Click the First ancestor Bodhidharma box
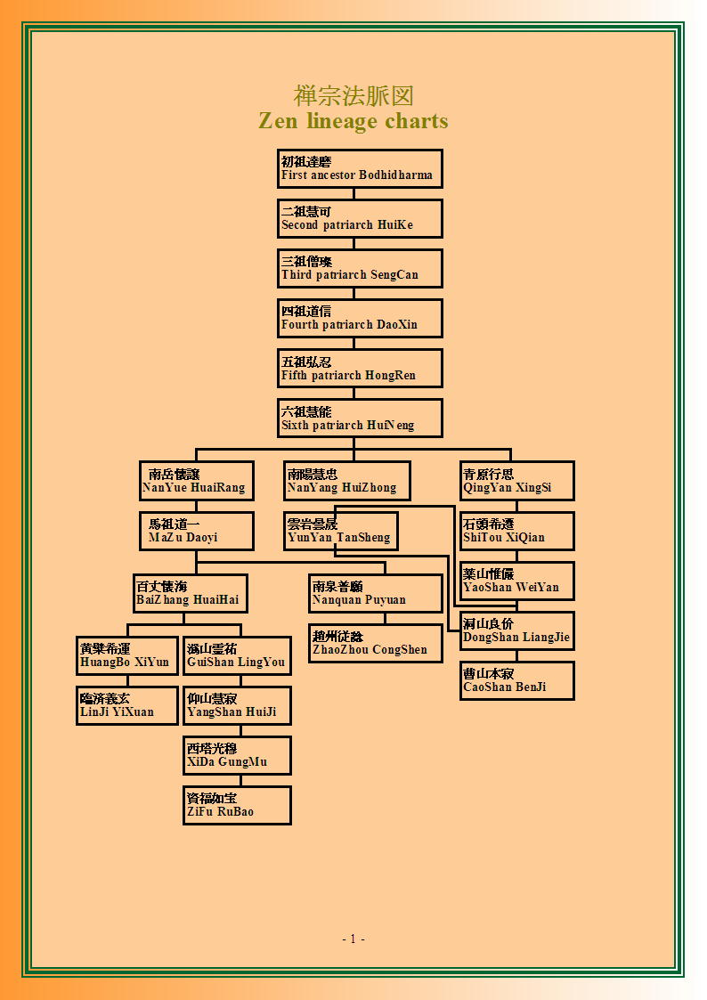pos(361,169)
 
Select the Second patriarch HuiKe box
pos(361,219)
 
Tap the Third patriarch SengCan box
pos(361,269)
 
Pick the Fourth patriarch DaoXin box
pos(361,318)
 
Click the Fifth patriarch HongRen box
pos(361,368)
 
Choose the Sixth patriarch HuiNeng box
pos(361,419)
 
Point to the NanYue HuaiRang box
pos(197,481)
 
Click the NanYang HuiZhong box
pos(347,481)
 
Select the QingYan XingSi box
pos(517,481)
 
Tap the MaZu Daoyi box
pos(197,531)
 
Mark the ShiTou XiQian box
pos(517,531)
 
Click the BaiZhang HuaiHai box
pos(191,593)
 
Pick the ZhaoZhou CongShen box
pos(376,643)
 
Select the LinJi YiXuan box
pos(127,705)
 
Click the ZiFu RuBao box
pos(237,806)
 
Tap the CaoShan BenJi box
pos(517,680)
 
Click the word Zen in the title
pos(278,120)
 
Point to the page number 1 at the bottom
pos(353,939)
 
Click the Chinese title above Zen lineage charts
pos(353,95)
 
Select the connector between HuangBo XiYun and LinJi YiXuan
pos(127,680)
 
